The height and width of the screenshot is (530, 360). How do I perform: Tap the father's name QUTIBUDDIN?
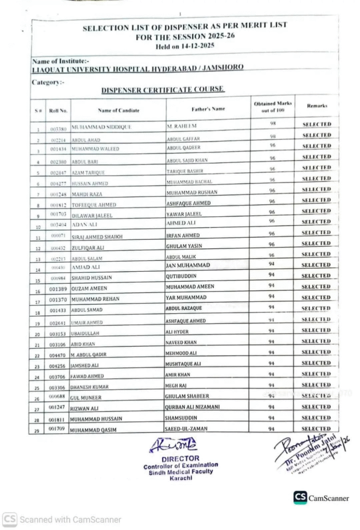tap(182, 276)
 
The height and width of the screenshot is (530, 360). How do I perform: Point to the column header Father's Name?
tap(208, 109)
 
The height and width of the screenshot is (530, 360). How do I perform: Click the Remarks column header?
tap(317, 106)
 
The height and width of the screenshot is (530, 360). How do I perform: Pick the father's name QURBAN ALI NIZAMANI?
tap(193, 407)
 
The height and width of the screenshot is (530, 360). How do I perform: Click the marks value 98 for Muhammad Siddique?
tap(272, 124)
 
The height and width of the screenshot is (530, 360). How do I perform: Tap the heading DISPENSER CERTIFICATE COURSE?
tap(163, 90)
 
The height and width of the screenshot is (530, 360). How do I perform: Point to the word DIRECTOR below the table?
tap(180, 459)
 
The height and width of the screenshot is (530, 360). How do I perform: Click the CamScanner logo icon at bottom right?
tap(300, 497)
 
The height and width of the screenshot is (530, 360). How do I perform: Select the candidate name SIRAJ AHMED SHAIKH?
tap(97, 237)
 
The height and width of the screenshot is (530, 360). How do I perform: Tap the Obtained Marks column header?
tap(272, 106)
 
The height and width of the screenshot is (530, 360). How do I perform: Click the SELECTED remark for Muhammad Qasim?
tap(316, 429)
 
